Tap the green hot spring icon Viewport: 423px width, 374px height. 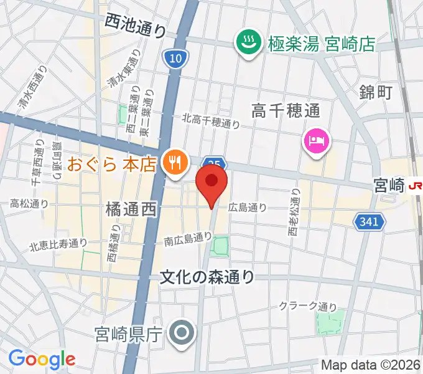[x=249, y=43]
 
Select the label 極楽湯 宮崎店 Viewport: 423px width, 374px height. [x=322, y=44]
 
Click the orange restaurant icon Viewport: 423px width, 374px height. [x=172, y=163]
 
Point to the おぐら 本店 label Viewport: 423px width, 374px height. [x=111, y=165]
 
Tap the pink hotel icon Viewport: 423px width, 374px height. [x=315, y=140]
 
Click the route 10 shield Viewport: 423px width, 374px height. [x=175, y=59]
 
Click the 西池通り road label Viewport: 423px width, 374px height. [x=136, y=26]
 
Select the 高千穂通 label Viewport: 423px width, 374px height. [x=286, y=111]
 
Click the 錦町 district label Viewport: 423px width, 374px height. [x=376, y=92]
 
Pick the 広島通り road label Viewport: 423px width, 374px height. [x=247, y=208]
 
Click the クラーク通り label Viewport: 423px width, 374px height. [x=307, y=306]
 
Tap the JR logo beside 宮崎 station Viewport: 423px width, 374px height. [x=415, y=185]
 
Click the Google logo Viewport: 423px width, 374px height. [x=42, y=358]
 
